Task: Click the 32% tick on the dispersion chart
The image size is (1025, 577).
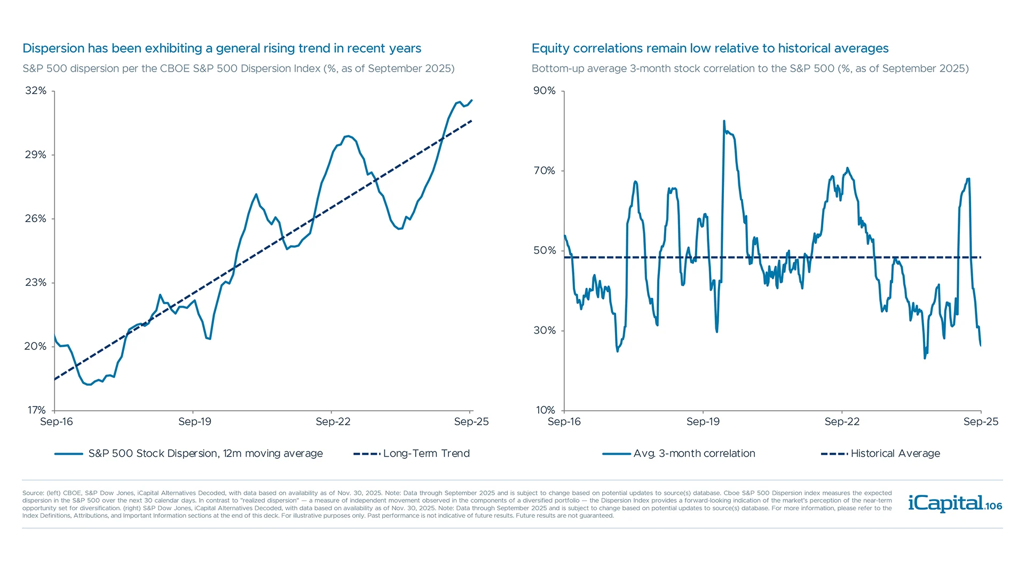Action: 36,91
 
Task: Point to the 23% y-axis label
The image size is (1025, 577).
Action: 36,283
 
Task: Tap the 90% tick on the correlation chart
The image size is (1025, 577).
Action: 545,91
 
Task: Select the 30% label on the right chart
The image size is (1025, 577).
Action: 545,331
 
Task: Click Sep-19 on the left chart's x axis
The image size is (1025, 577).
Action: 195,422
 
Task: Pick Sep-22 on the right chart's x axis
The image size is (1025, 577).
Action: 842,422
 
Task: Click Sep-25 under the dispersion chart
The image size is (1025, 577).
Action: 471,422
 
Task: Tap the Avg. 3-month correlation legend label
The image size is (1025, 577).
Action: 694,454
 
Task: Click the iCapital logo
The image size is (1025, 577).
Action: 945,503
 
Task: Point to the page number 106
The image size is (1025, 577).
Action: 994,506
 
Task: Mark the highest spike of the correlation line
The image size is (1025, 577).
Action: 724,121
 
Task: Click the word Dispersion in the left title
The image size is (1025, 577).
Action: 53,49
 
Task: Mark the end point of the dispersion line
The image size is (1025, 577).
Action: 472,100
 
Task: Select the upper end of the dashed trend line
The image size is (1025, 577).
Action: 472,121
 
